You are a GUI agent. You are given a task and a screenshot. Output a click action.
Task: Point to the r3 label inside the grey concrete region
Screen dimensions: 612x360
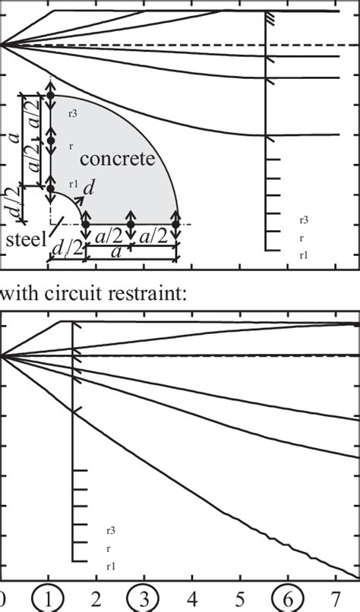(x=72, y=114)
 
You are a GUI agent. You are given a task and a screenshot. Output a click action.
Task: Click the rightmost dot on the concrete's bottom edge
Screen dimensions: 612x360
(x=177, y=224)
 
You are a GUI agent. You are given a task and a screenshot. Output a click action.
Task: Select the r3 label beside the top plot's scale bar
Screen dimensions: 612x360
(x=304, y=219)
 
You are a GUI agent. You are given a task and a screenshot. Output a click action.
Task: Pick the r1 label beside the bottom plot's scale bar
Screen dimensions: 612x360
(x=111, y=566)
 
